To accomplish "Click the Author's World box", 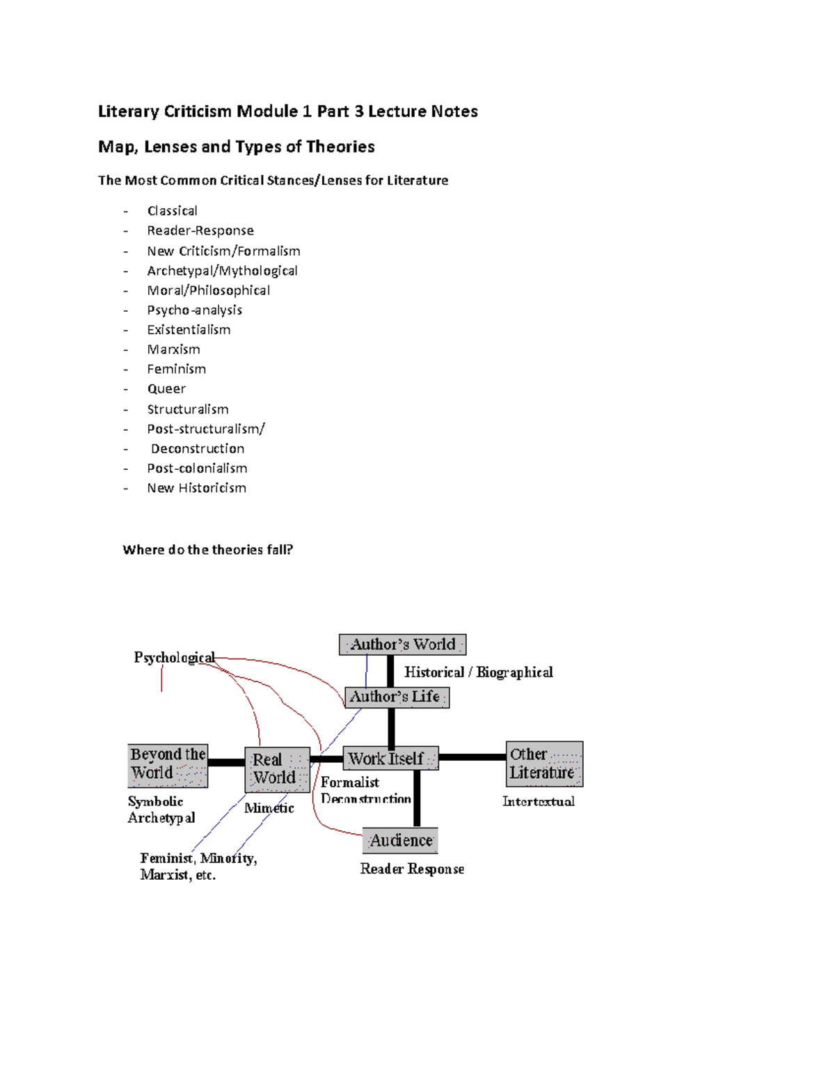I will pos(402,645).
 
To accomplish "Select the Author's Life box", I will pos(397,697).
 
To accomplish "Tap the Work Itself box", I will pos(390,758).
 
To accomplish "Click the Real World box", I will pos(277,769).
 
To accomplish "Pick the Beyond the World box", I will pos(168,764).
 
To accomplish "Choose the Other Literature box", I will pos(544,764).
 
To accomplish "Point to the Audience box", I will pos(400,841).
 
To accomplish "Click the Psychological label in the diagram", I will pos(174,658).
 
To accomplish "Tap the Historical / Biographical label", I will pos(479,672).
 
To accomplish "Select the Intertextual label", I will pos(539,802).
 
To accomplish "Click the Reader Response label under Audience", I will pos(412,869).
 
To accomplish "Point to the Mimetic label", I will pos(269,808).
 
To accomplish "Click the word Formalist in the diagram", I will pos(350,782).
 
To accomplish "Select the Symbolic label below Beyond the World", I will pos(156,802).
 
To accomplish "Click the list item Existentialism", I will pos(189,330).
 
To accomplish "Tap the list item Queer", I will pos(166,389).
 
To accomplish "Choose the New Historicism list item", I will pos(196,488).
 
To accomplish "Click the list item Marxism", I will pos(173,349).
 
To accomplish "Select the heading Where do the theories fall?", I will pos(207,550).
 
